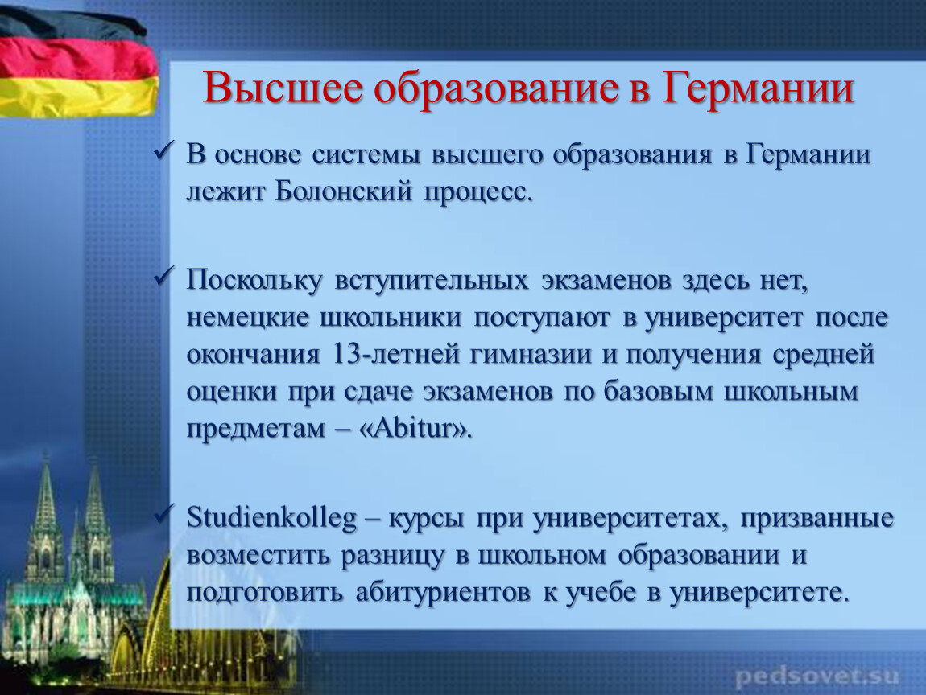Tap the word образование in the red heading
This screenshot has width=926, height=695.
point(496,88)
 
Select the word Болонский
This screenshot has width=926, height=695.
point(343,191)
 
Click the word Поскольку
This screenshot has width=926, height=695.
point(254,280)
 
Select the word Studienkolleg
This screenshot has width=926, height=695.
point(271,518)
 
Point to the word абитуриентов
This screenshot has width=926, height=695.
point(443,593)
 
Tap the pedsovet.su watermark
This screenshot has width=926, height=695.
point(817,676)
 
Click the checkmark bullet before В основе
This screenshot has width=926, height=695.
point(163,151)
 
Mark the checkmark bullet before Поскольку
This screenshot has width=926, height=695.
point(163,276)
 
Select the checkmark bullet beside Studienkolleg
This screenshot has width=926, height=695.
point(163,515)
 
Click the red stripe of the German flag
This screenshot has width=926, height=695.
point(76,59)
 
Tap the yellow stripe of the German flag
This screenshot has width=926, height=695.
point(76,97)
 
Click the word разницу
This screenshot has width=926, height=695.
point(392,557)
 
